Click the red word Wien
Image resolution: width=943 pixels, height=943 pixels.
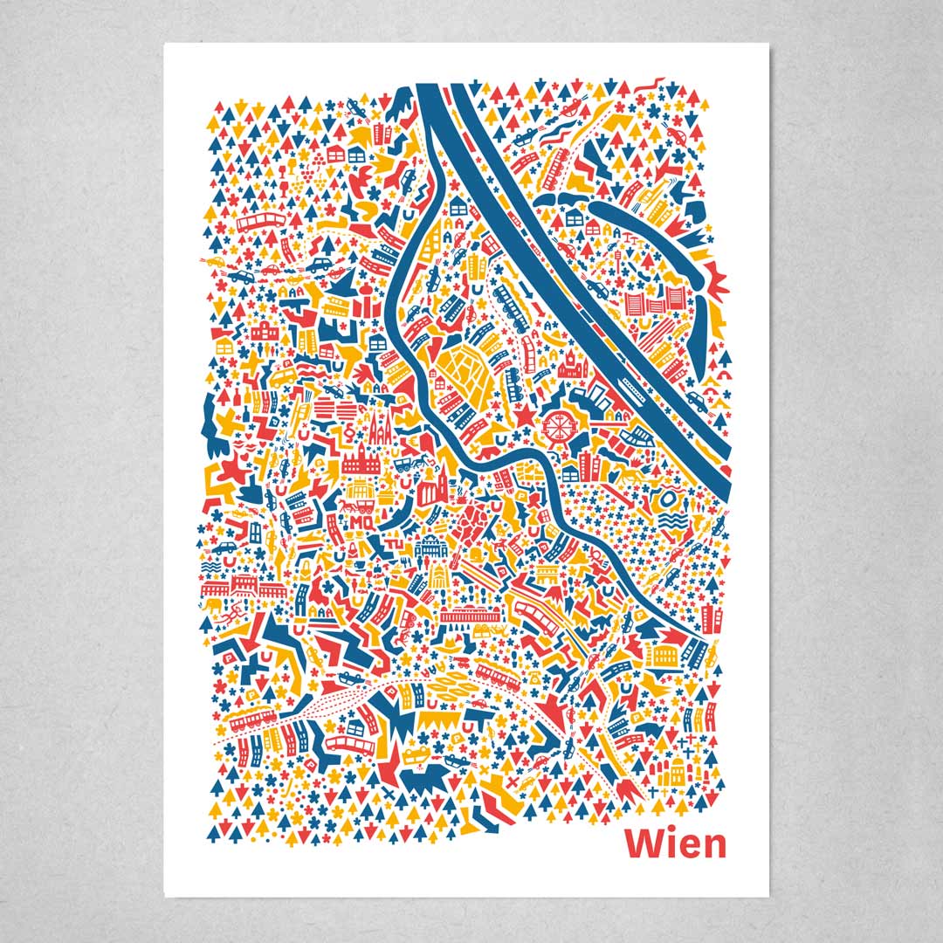[x=675, y=844]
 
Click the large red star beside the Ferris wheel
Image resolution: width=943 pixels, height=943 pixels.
[x=524, y=417]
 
